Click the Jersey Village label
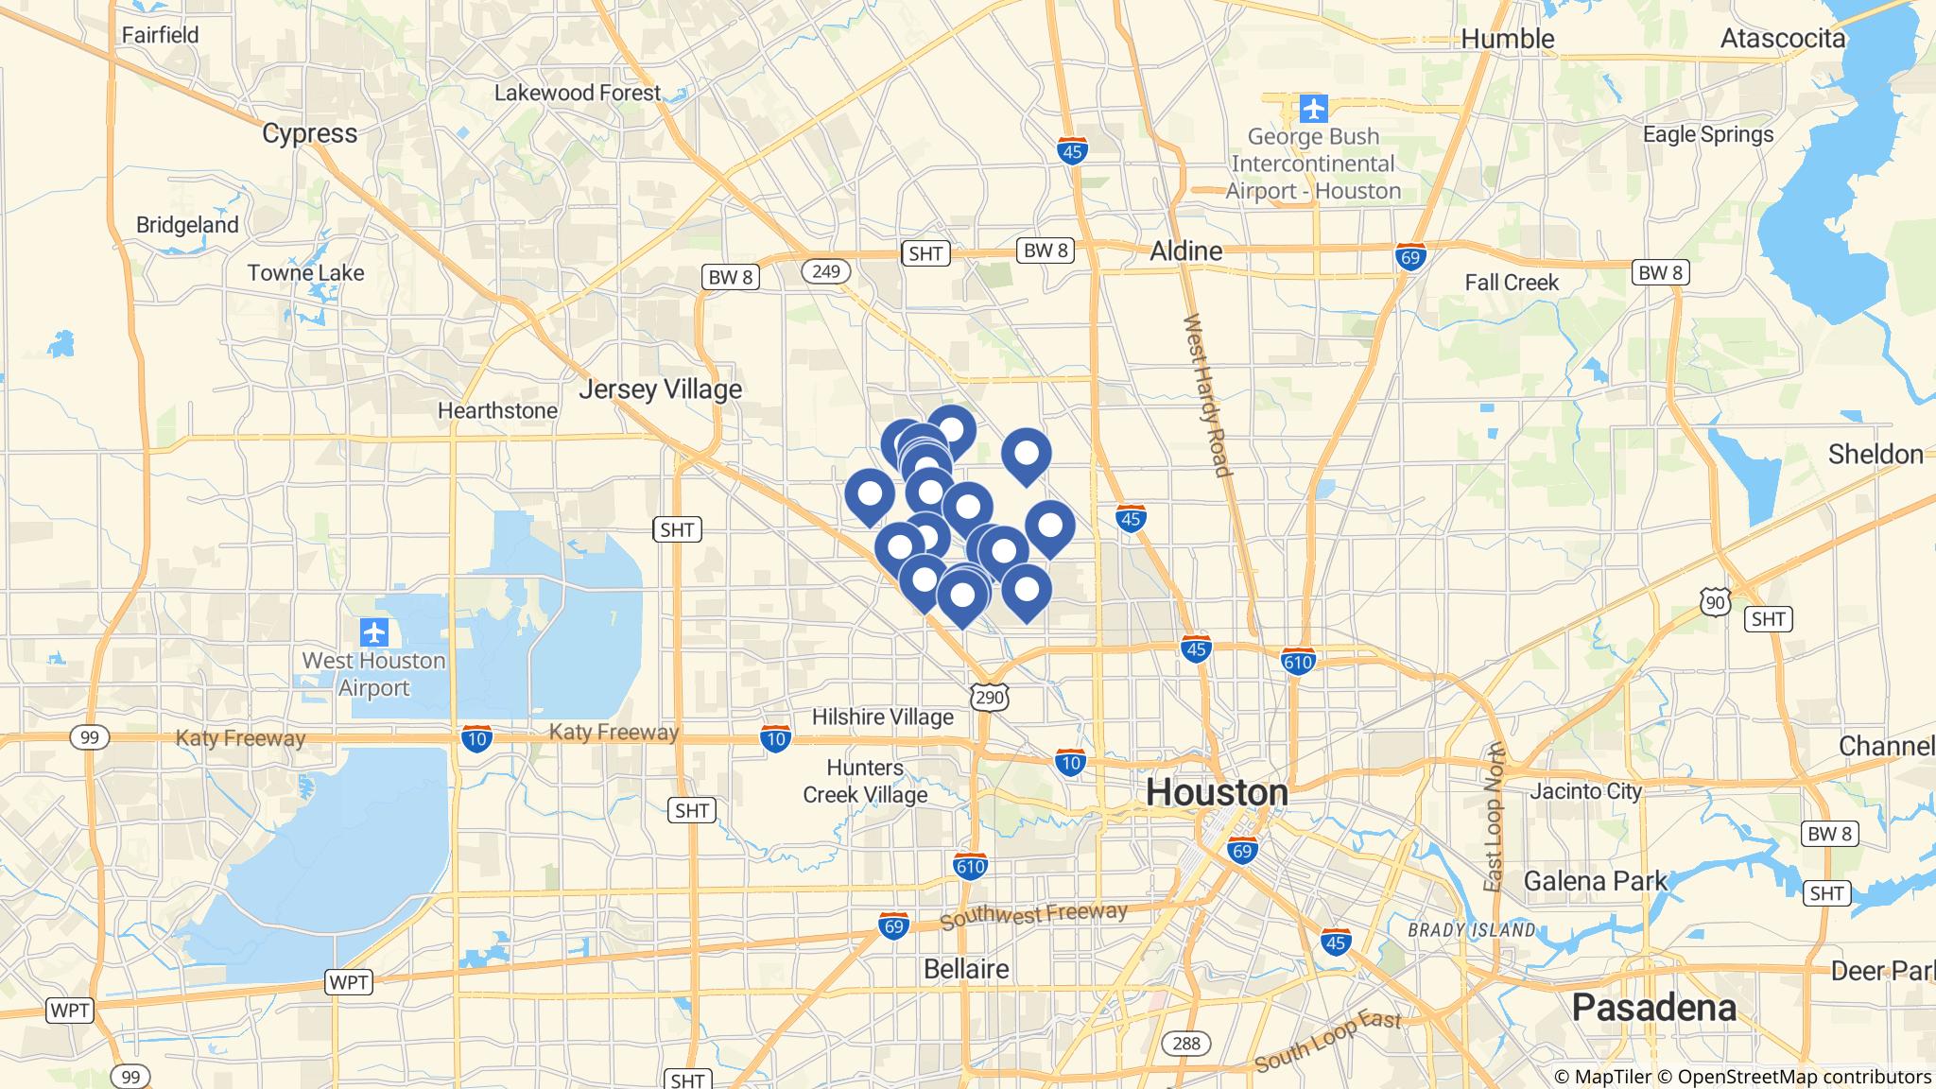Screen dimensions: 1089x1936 click(660, 389)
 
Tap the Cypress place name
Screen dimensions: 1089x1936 click(309, 133)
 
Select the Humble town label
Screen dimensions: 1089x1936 click(1507, 39)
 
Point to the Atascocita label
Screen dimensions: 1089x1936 click(1782, 39)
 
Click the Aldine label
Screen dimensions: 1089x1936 click(1185, 251)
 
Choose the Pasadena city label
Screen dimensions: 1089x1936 click(1653, 1008)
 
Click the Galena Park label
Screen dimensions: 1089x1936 click(1595, 881)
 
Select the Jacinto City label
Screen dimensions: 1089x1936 click(1585, 791)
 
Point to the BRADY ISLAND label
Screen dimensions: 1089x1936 click(1471, 930)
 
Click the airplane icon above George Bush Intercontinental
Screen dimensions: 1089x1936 click(1313, 109)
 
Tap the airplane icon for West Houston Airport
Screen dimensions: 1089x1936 click(374, 631)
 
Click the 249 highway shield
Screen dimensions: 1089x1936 click(825, 272)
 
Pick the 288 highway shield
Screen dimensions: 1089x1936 click(1185, 1044)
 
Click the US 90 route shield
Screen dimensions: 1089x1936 click(1715, 601)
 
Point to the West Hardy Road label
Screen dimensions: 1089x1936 click(1207, 395)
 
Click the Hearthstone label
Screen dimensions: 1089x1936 click(497, 411)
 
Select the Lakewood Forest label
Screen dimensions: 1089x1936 click(577, 93)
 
